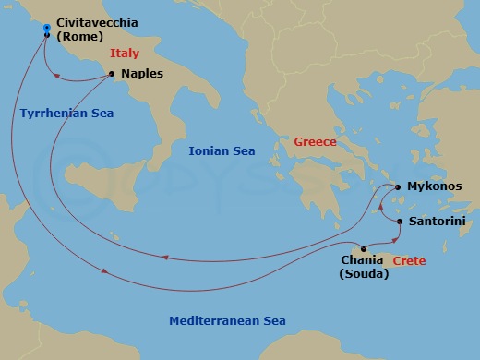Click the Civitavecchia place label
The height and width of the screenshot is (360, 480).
pyautogui.click(x=99, y=21)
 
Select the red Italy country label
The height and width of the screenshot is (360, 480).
pyautogui.click(x=124, y=54)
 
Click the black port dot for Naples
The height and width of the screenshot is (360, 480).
pyautogui.click(x=112, y=74)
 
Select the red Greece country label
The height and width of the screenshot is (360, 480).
pyautogui.click(x=315, y=142)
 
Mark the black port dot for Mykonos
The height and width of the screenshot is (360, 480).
pyautogui.click(x=398, y=186)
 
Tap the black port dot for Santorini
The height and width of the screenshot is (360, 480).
pyautogui.click(x=399, y=222)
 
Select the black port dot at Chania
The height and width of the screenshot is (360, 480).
pyautogui.click(x=366, y=248)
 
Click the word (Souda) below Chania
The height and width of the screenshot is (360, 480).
pyautogui.click(x=364, y=275)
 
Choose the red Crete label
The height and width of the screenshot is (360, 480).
pyautogui.click(x=409, y=262)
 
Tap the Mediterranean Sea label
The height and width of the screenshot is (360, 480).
pyautogui.click(x=227, y=320)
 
